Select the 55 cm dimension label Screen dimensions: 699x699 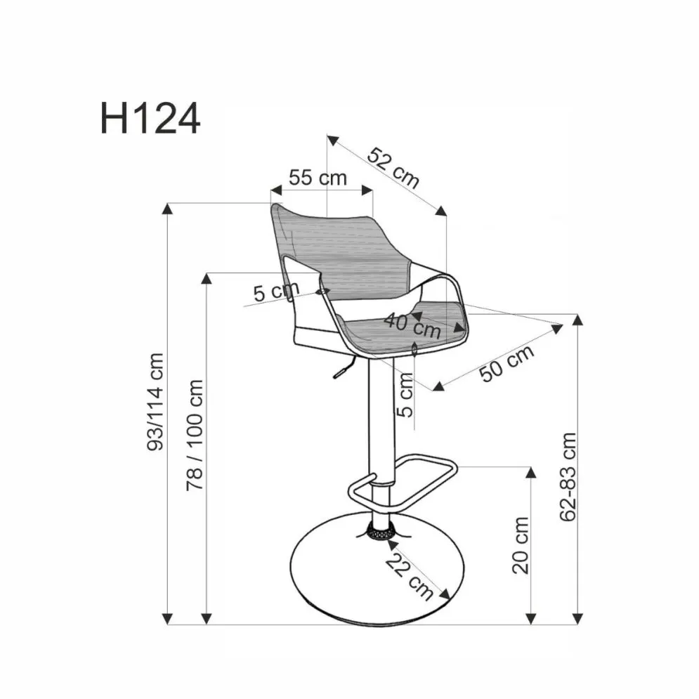coord(318,177)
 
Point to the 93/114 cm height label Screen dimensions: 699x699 coord(155,401)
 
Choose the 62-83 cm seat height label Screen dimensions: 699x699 coord(568,476)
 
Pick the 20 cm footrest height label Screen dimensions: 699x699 coord(521,545)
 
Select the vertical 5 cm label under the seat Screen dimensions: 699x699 coord(405,394)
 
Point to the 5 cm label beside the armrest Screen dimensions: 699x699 coord(276,290)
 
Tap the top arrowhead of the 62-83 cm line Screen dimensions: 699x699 coord(577,320)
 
